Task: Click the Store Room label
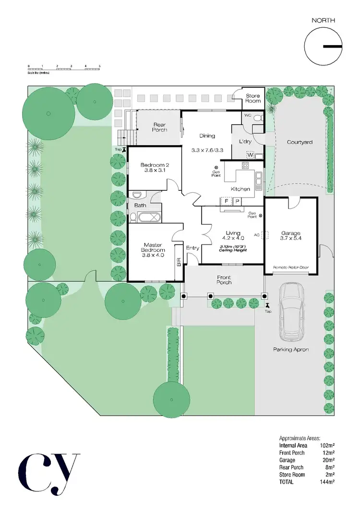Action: click(x=252, y=98)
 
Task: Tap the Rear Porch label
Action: click(x=160, y=127)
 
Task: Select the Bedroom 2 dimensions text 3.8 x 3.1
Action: click(x=154, y=170)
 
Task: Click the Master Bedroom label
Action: click(x=153, y=250)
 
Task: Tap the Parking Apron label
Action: click(x=291, y=349)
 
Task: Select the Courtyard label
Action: click(x=300, y=142)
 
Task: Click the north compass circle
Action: click(x=323, y=47)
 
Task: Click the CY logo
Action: click(x=48, y=473)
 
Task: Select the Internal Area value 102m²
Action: click(x=327, y=445)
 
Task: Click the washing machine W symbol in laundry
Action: click(x=250, y=155)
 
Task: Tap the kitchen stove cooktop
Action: click(x=245, y=167)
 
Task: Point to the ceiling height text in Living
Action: click(x=232, y=248)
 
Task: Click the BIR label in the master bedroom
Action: click(x=179, y=262)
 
